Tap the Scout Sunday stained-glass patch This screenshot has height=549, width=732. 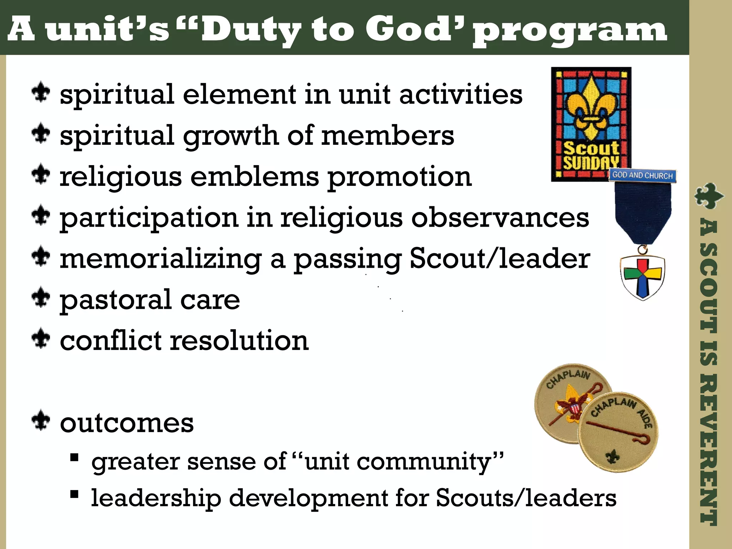(591, 123)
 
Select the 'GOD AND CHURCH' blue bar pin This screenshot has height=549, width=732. (642, 175)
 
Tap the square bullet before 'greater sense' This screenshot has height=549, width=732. (74, 457)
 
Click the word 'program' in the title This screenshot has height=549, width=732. (570, 30)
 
